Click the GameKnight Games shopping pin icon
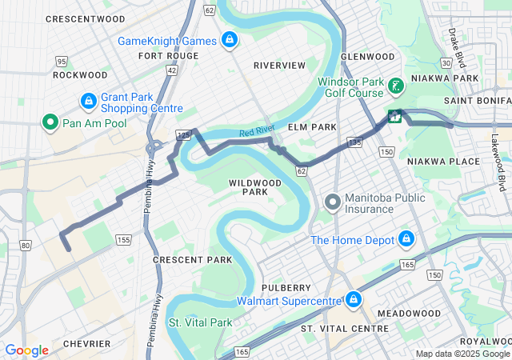click(x=230, y=40)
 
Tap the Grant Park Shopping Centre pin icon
click(x=88, y=102)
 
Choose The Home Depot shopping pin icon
click(x=406, y=239)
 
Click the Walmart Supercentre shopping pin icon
click(x=353, y=300)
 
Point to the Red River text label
click(x=257, y=133)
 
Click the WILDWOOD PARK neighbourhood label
click(x=254, y=187)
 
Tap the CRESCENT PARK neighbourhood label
click(x=192, y=260)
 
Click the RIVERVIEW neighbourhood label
click(x=279, y=65)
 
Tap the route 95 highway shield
click(x=62, y=61)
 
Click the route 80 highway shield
click(x=26, y=245)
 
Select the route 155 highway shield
click(x=123, y=239)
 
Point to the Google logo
click(x=26, y=350)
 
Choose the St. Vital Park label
click(x=199, y=322)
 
